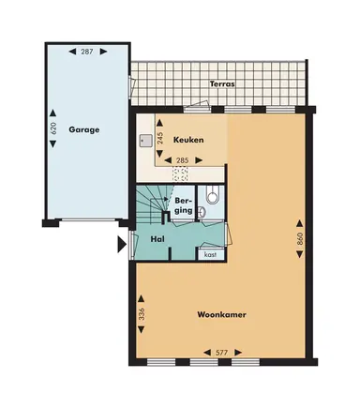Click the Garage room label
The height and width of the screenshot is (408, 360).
82,130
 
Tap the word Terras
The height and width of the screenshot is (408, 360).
221,83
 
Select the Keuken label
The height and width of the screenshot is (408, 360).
187,140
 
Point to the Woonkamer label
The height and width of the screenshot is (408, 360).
221,315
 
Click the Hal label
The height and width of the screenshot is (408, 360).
158,238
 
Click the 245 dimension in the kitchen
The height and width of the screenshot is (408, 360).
160,139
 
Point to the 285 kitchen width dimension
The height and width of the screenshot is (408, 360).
182,161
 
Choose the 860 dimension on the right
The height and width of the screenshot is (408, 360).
300,239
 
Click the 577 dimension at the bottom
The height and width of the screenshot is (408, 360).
222,353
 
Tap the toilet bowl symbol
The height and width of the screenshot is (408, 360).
213,197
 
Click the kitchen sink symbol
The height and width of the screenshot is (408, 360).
145,142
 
